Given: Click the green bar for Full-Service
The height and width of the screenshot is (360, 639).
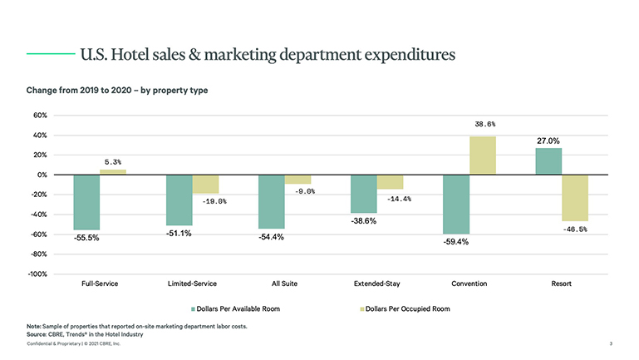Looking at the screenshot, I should pyautogui.click(x=86, y=202).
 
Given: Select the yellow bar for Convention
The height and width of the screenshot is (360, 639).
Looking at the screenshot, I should pyautogui.click(x=483, y=155).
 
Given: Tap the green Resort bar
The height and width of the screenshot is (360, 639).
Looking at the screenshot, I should pyautogui.click(x=548, y=161).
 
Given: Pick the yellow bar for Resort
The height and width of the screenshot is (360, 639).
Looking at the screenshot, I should pyautogui.click(x=575, y=198).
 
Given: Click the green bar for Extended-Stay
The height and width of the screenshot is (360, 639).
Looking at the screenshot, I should pyautogui.click(x=363, y=194).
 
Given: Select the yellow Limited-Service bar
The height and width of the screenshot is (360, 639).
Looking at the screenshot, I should pyautogui.click(x=205, y=184).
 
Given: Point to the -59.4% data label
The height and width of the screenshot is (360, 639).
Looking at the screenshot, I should pyautogui.click(x=456, y=242).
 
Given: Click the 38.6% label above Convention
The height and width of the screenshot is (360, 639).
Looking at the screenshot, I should pyautogui.click(x=485, y=124).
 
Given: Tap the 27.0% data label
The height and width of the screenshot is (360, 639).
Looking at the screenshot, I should pyautogui.click(x=548, y=141).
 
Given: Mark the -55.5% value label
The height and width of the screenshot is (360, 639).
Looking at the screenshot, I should pyautogui.click(x=86, y=238).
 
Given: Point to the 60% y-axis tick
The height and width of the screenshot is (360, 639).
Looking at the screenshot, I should pyautogui.click(x=40, y=116).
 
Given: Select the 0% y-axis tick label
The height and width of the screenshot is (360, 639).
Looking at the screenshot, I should pyautogui.click(x=42, y=175).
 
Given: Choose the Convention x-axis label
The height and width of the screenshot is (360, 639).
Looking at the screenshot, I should pyautogui.click(x=469, y=284).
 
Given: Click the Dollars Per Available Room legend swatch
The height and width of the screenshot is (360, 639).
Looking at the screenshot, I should pyautogui.click(x=194, y=309).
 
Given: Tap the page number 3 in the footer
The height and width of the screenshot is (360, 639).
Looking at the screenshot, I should pyautogui.click(x=610, y=343).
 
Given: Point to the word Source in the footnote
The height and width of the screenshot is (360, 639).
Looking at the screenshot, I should pyautogui.click(x=38, y=333).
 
